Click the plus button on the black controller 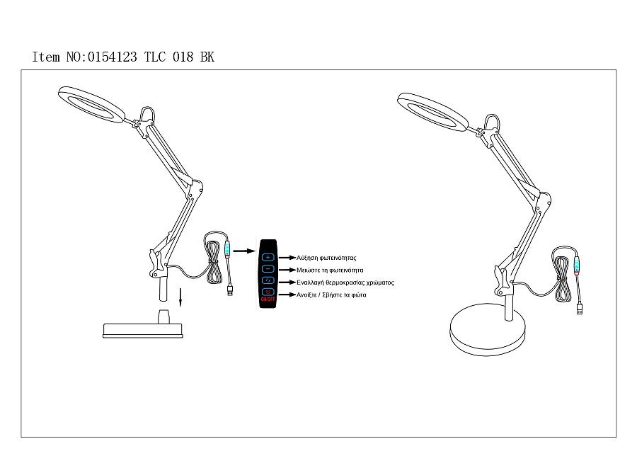[x=268, y=258]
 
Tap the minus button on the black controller [x=268, y=270]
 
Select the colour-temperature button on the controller [x=268, y=282]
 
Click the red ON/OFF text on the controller [x=268, y=299]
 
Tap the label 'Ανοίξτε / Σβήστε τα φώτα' [x=331, y=294]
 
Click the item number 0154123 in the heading [x=113, y=57]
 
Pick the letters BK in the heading [x=207, y=57]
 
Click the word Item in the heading [x=46, y=57]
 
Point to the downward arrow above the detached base [x=181, y=297]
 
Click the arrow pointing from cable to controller [x=244, y=250]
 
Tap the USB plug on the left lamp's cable [x=231, y=290]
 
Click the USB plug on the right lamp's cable [x=581, y=309]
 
